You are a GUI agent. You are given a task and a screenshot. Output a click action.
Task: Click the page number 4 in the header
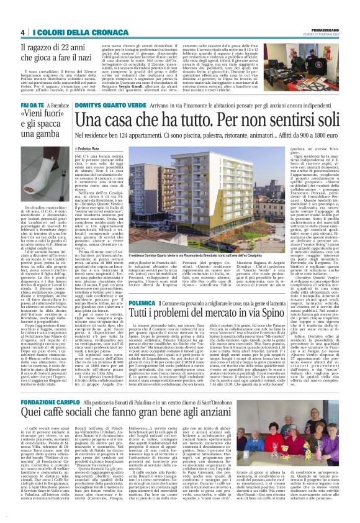(x=22, y=32)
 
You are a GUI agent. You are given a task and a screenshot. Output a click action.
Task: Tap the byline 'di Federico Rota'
(x=92, y=150)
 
